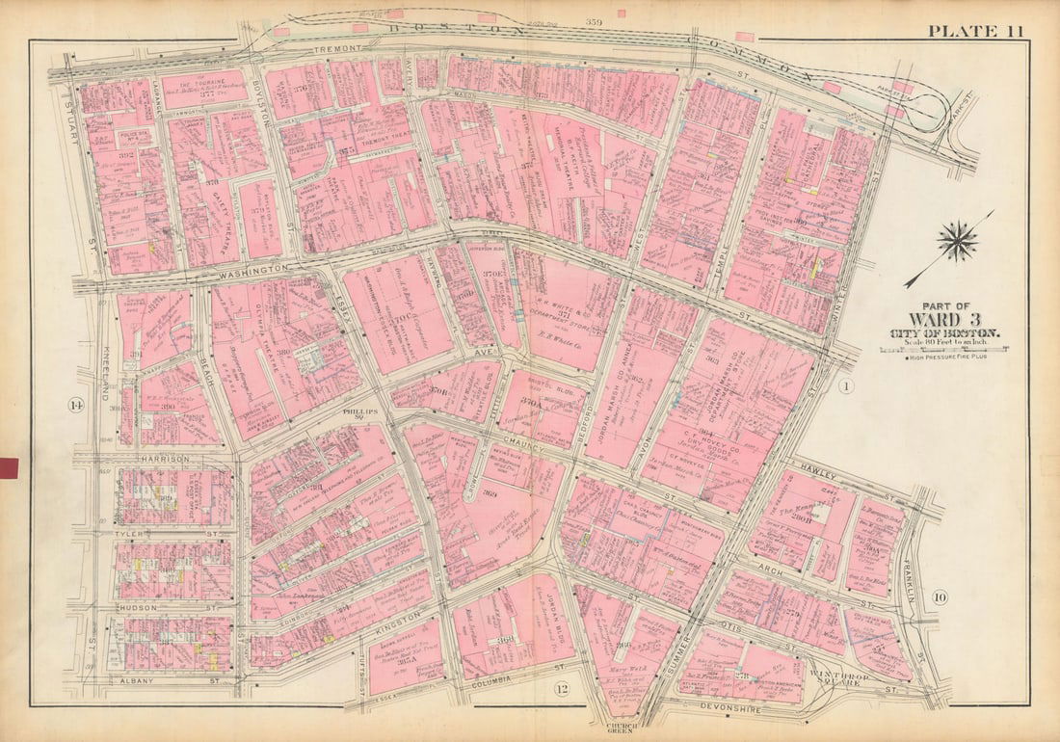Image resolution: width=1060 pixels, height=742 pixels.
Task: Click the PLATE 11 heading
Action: tap(975, 31)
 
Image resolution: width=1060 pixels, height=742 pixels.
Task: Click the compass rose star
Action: tap(957, 242)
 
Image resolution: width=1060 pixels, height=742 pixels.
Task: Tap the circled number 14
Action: tap(75, 405)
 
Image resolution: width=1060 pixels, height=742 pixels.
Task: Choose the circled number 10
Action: tap(940, 598)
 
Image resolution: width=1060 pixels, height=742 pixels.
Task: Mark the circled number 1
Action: tap(845, 387)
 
